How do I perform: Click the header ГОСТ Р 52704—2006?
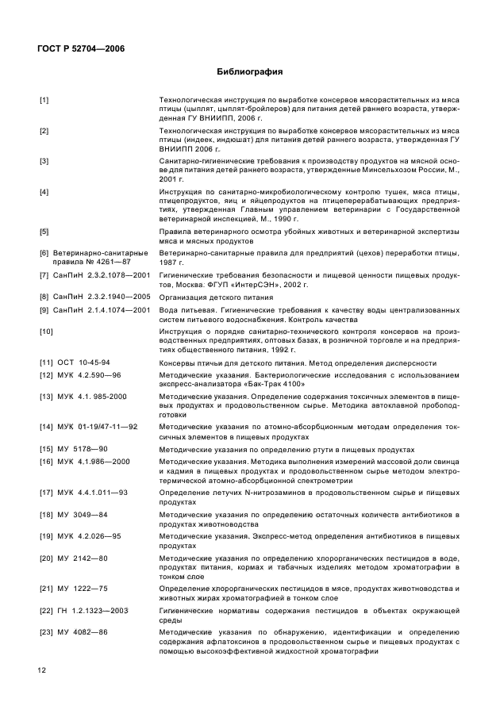[82, 49]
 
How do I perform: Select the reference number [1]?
[44, 99]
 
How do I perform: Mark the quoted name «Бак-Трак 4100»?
[252, 384]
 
